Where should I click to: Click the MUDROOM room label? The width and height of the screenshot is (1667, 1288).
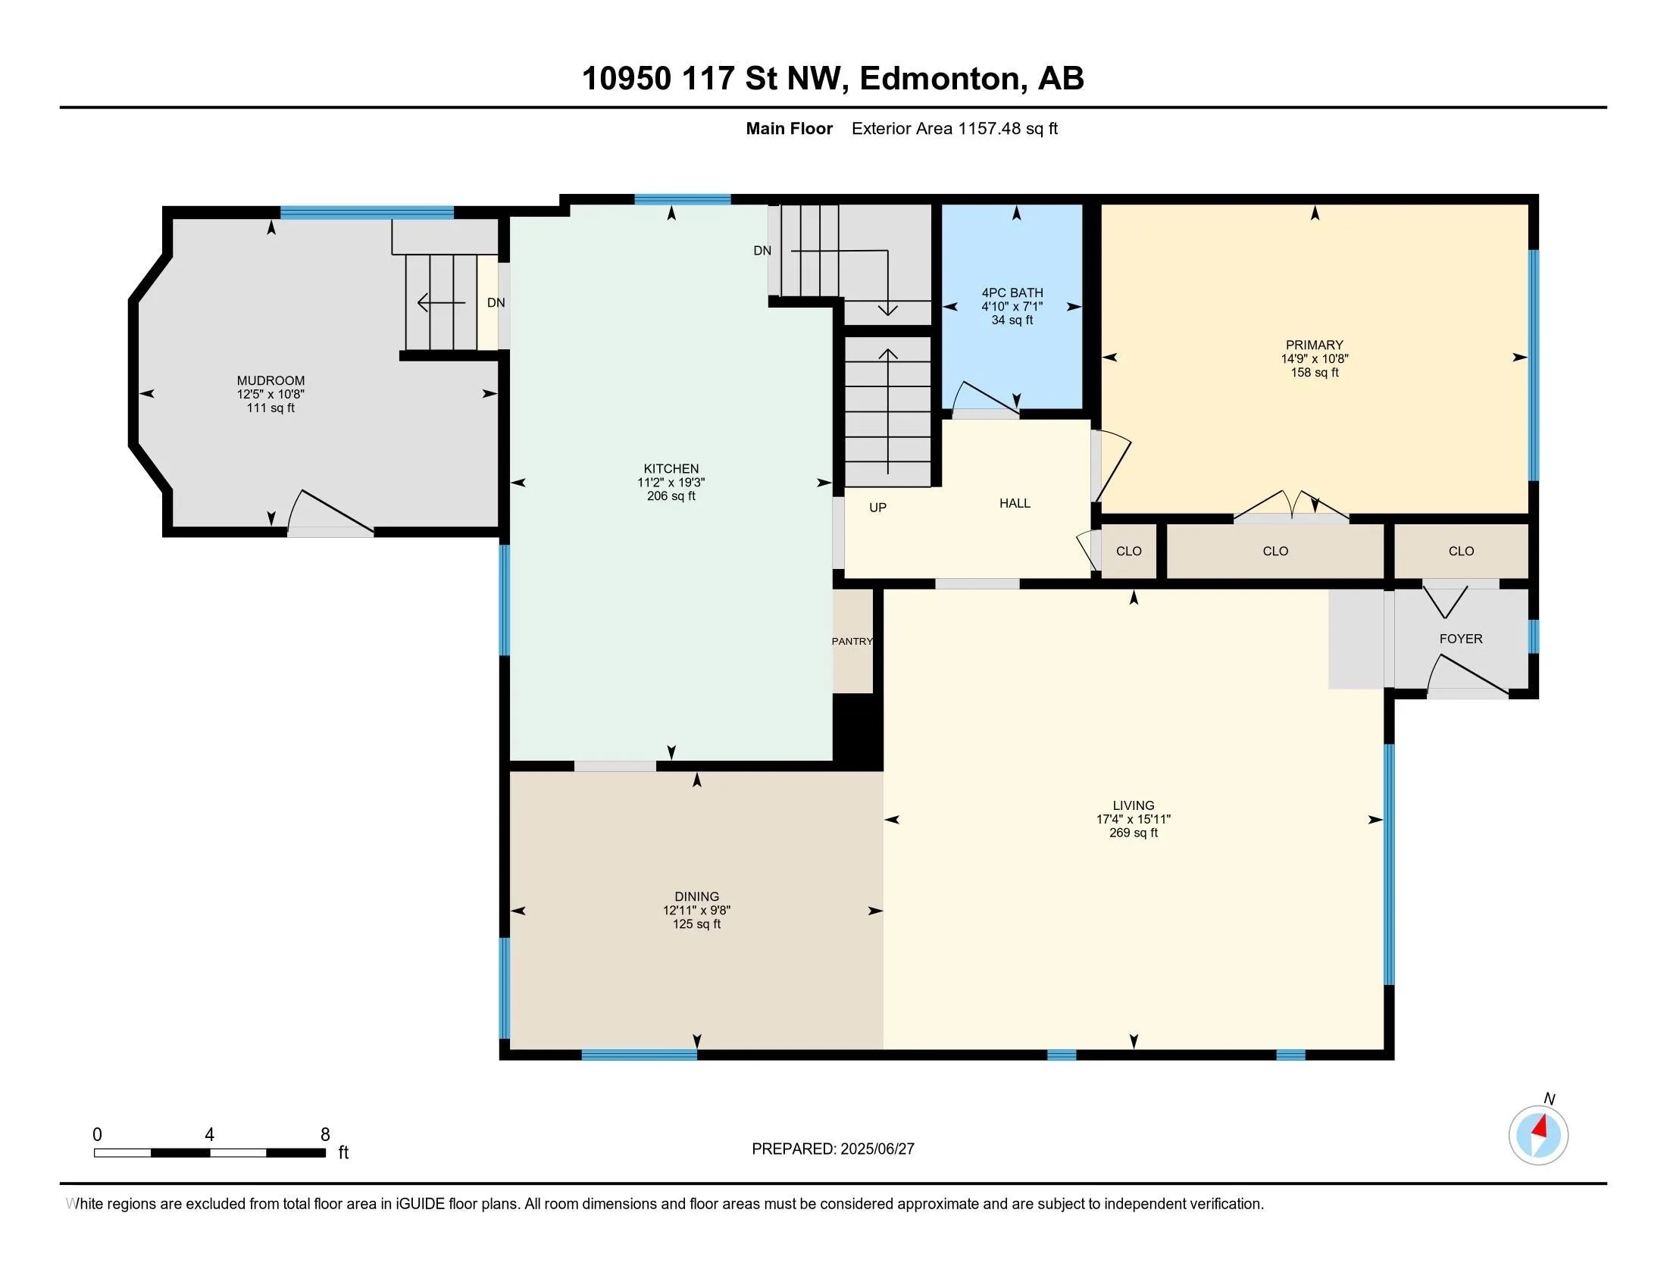(x=271, y=380)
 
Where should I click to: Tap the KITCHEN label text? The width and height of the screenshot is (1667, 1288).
(x=671, y=468)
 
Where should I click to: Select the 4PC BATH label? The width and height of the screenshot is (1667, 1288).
(x=1012, y=292)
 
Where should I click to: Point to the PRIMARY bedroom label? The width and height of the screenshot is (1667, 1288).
(x=1315, y=345)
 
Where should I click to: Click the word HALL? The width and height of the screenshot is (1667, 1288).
(x=1015, y=503)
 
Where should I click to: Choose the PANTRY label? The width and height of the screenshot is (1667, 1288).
(x=852, y=641)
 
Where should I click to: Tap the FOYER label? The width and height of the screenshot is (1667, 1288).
(x=1461, y=639)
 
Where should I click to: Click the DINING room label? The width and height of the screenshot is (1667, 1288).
(x=697, y=896)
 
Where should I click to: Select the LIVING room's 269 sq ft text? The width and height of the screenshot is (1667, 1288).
(x=1134, y=833)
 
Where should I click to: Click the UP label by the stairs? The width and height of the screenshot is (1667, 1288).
(x=877, y=508)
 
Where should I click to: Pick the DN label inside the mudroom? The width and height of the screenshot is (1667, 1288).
(x=496, y=302)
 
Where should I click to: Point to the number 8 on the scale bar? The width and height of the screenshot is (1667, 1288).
(x=325, y=1135)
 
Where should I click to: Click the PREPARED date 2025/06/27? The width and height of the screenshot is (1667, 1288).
(x=876, y=1149)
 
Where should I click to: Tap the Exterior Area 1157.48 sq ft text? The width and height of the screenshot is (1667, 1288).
(x=954, y=128)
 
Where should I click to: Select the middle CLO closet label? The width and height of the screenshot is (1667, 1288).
(x=1275, y=551)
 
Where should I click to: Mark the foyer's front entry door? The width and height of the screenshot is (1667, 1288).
(x=1468, y=675)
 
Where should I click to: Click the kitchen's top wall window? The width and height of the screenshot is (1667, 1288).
(x=683, y=200)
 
